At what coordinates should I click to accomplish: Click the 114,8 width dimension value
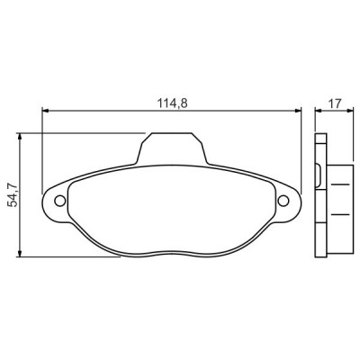point(170,103)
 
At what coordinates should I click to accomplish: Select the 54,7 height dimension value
point(13,194)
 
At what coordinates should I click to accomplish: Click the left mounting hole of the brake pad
point(59,201)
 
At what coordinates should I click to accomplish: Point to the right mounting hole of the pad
point(283,201)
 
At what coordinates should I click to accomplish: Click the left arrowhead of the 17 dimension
point(317,112)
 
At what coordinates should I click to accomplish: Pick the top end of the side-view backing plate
point(319,135)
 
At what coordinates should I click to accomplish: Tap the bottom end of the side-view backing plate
point(319,256)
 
